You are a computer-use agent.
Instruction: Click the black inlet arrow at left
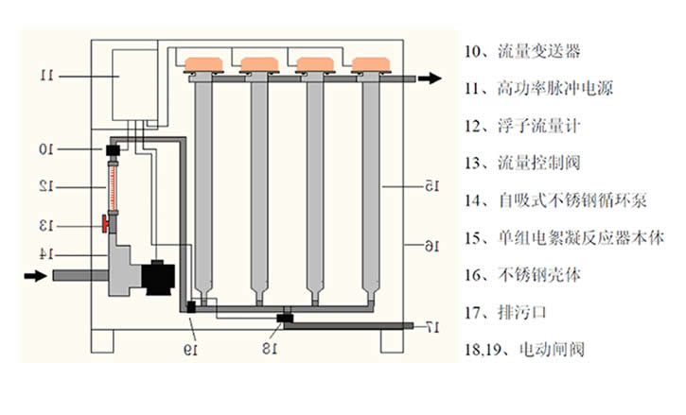tap(34, 276)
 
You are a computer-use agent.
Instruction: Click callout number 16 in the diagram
tap(431, 247)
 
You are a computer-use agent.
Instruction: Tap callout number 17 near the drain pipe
tap(431, 326)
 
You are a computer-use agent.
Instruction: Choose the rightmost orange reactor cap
tap(371, 64)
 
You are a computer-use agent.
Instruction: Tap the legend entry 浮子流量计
tap(532, 125)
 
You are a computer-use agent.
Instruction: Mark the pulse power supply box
tap(134, 81)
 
